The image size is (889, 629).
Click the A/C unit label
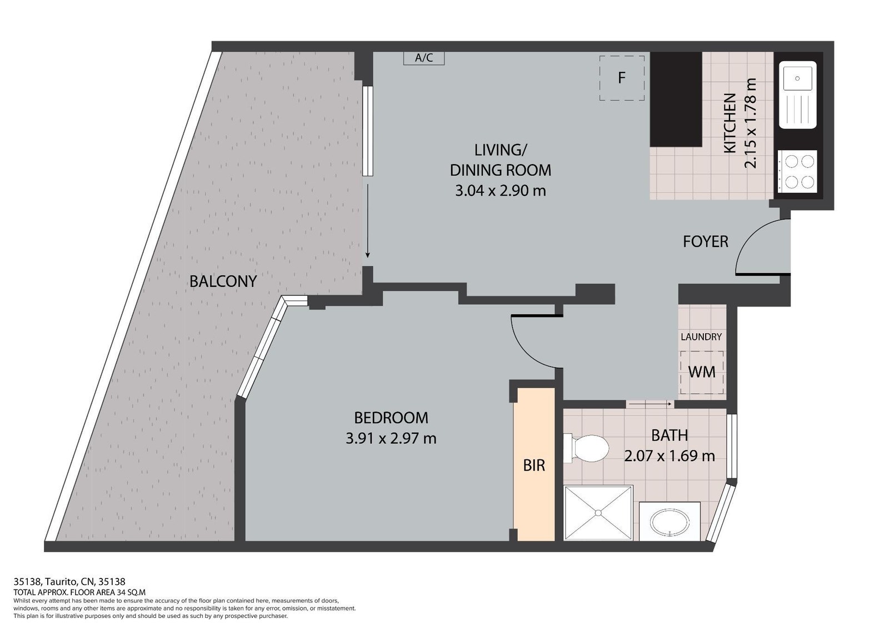424,58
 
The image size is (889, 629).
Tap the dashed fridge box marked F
622,78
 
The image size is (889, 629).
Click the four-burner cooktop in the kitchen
797,171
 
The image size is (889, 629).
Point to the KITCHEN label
730,123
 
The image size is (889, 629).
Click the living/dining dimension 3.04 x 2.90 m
501,191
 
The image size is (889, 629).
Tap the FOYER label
705,241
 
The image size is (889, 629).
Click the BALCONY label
223,281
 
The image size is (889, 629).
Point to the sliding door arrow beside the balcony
367,221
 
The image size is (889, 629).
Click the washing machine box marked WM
702,372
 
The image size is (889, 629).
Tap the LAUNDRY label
701,337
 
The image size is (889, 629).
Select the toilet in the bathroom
586,448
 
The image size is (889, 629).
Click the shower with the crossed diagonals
598,513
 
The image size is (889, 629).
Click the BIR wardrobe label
534,465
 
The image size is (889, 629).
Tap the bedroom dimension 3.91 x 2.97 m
391,439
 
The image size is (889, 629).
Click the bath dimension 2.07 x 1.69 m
670,455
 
